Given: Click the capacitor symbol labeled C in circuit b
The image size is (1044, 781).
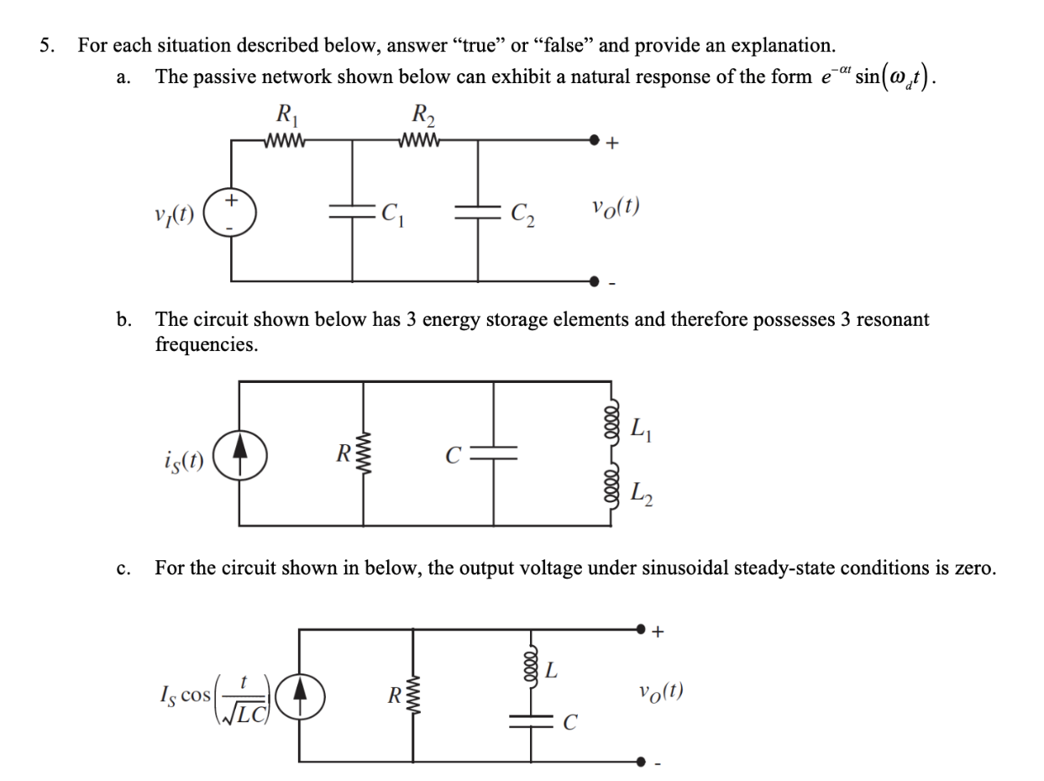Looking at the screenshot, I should click(493, 454).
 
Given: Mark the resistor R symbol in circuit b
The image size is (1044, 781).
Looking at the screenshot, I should click(364, 454).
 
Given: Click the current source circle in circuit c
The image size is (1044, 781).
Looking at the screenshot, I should click(299, 695).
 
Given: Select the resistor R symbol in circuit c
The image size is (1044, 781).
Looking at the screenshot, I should click(412, 695).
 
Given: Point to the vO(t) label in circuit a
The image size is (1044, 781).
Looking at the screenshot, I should click(616, 207).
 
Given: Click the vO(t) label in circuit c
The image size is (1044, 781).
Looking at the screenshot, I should click(660, 692).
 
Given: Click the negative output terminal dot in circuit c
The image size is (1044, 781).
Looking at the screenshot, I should click(643, 762).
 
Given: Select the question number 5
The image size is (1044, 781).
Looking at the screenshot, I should click(47, 45).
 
